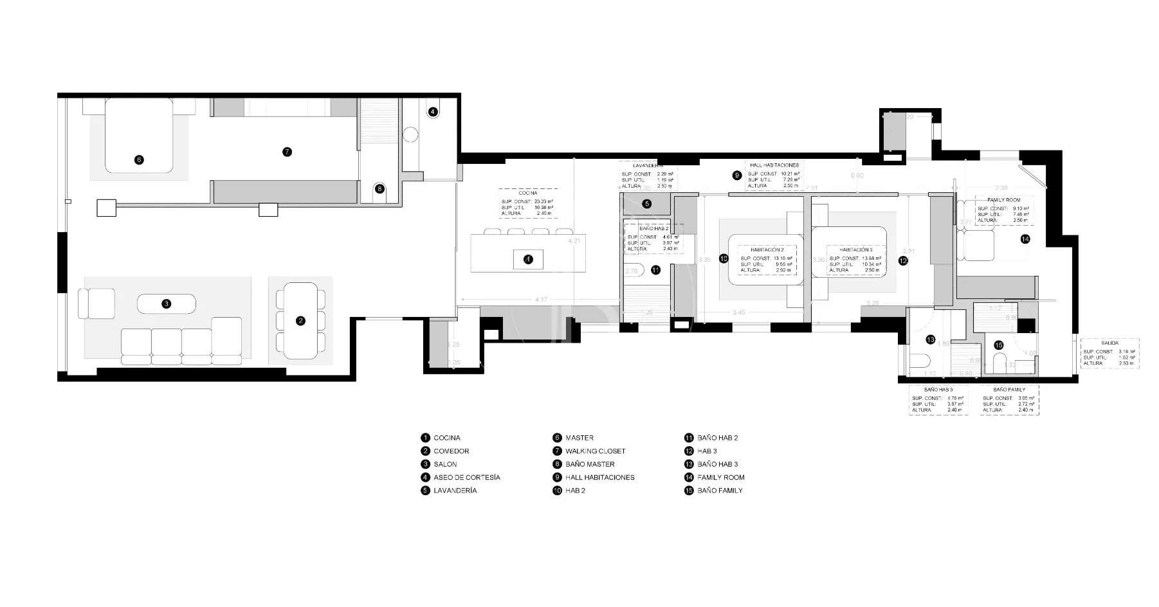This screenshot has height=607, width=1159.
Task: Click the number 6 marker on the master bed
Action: (x=139, y=160)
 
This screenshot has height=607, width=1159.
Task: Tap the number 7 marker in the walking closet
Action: (x=287, y=152)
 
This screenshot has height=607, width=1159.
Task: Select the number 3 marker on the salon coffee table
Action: (x=167, y=303)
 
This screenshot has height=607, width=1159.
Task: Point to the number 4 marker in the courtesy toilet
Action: (x=433, y=111)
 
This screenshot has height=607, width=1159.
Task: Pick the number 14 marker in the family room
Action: (x=1025, y=239)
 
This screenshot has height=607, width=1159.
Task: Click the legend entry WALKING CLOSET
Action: (x=595, y=451)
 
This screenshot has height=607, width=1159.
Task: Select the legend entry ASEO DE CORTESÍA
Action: (x=466, y=477)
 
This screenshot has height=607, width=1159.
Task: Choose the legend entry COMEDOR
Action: (x=451, y=451)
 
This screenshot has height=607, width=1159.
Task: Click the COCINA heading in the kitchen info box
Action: (x=527, y=193)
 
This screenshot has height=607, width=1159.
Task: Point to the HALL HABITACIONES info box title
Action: (x=774, y=165)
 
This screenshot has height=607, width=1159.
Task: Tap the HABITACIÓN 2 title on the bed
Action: (x=767, y=249)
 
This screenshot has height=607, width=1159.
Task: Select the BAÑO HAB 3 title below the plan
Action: (x=938, y=390)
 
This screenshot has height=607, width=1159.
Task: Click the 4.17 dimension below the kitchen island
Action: (x=541, y=300)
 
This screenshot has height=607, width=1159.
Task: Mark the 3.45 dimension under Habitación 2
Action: (x=738, y=313)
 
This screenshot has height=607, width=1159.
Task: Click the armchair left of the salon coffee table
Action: (x=96, y=303)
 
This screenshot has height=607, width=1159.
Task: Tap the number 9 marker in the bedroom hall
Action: (x=737, y=175)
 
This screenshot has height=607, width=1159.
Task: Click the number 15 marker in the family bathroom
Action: (x=998, y=345)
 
